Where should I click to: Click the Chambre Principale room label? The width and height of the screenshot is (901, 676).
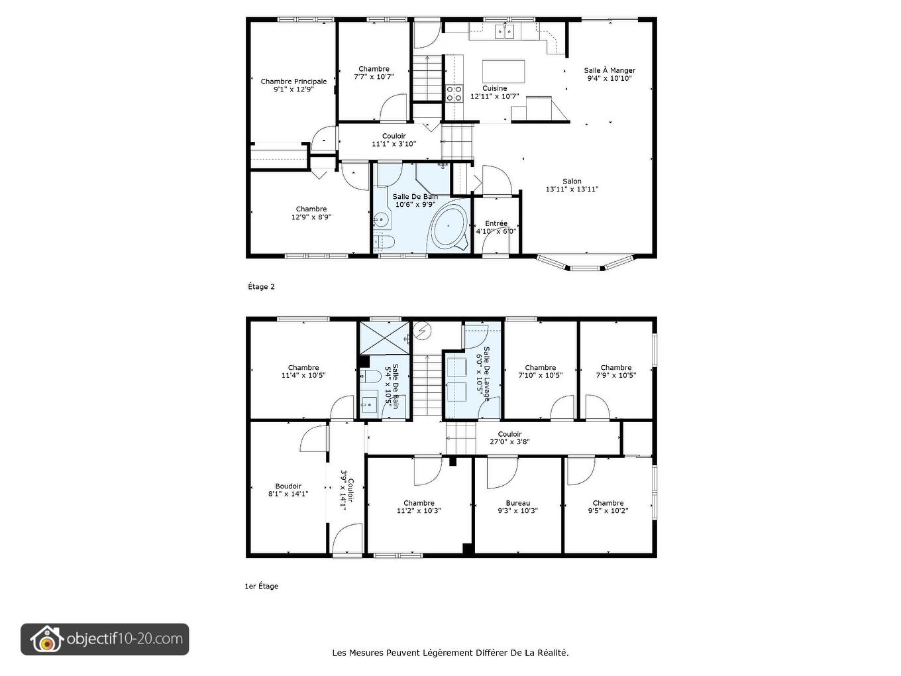293,82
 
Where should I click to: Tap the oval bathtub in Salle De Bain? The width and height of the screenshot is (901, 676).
449,226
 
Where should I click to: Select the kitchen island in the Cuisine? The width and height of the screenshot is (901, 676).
503,72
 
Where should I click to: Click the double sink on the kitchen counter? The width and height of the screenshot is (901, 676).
504,32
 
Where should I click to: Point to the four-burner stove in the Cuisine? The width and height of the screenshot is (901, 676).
454,93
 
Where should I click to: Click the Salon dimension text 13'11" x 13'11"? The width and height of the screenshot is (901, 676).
572,190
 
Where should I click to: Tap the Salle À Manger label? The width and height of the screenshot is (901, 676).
609,70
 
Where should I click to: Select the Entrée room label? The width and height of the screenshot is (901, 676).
496,223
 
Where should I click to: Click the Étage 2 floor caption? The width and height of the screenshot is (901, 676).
261,287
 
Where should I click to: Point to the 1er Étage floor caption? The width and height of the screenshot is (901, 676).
262,586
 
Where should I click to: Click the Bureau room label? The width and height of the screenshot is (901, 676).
517,503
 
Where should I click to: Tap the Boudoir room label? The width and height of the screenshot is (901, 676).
288,486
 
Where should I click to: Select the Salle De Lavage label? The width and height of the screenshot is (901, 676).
486,374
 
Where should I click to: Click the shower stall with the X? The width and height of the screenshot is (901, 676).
385,338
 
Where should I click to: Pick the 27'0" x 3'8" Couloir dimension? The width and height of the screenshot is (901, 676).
510,441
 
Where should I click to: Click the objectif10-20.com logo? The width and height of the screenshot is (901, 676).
105,639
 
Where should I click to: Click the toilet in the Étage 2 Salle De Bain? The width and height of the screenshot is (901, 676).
385,242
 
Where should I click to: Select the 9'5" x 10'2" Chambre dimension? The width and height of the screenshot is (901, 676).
608,510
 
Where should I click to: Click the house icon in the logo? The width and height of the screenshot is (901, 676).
46,639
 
